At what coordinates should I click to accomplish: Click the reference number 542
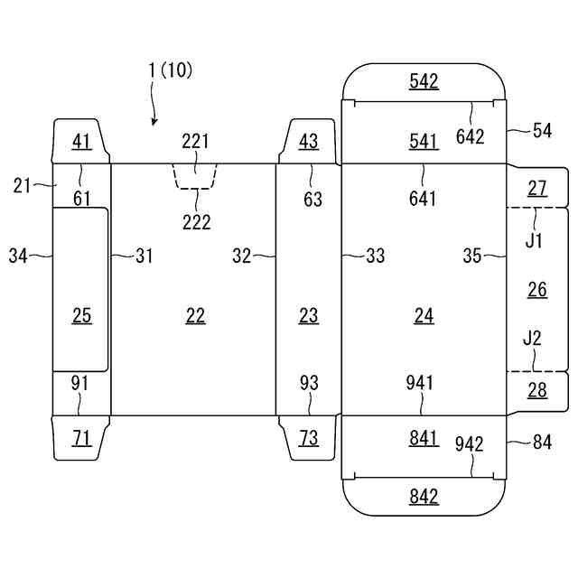424,80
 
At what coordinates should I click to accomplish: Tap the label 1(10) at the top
170,70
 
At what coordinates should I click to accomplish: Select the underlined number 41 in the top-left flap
82,141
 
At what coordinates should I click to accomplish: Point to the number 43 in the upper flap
309,141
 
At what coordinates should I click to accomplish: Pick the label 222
197,222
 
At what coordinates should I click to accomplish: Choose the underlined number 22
195,316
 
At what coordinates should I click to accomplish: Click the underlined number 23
309,316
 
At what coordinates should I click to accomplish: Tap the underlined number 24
424,316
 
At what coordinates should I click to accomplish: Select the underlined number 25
82,316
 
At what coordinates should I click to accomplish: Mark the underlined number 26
537,290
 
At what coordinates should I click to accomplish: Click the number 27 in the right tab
537,189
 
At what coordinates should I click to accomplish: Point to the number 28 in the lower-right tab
537,390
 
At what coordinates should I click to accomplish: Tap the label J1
534,241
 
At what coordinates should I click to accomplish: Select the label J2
532,338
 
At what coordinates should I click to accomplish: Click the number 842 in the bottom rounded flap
424,496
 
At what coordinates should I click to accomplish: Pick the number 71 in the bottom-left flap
82,438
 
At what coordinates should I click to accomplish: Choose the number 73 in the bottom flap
309,438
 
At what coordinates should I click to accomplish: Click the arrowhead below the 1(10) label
154,121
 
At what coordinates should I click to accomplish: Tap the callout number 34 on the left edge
18,256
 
